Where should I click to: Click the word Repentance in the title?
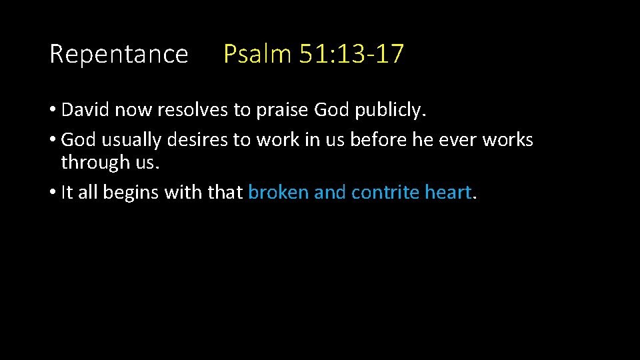[x=119, y=54]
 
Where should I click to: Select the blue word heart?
[x=448, y=193]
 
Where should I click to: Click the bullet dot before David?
[x=53, y=111]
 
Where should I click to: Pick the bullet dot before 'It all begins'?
[x=53, y=193]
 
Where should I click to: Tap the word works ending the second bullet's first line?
[x=508, y=140]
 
